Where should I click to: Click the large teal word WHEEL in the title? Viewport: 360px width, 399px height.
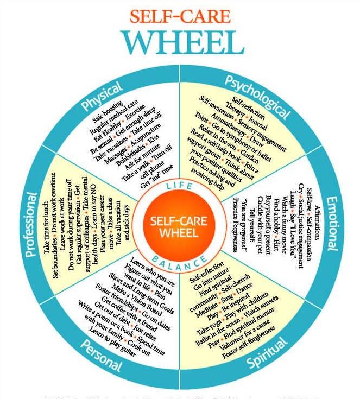point(180,42)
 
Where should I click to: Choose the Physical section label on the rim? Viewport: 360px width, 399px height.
point(101,99)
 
